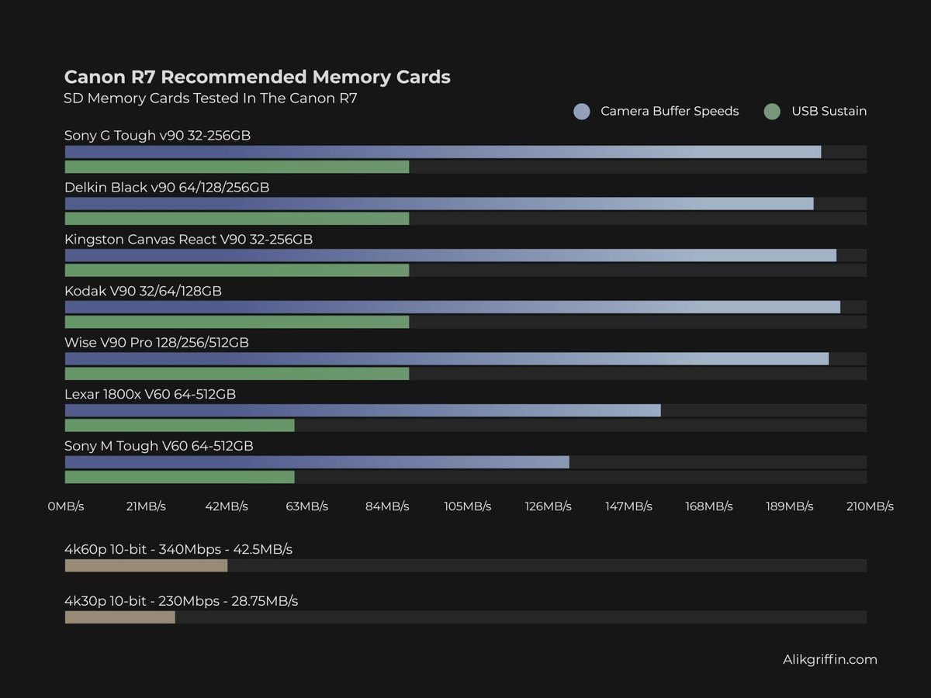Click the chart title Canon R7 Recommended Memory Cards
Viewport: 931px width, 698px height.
point(257,77)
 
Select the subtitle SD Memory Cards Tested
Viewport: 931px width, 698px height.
point(210,98)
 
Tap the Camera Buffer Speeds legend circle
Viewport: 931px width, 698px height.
point(582,112)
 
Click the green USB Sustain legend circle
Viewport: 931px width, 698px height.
point(772,112)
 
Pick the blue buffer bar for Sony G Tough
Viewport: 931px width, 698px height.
point(442,152)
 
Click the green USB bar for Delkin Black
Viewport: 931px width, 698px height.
point(237,219)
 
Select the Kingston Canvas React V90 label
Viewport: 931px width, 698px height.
point(189,240)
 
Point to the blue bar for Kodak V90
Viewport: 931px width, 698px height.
point(452,307)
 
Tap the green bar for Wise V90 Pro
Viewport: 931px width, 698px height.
point(237,374)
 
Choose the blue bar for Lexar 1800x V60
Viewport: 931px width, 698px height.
point(362,410)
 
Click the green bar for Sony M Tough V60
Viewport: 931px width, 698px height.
point(179,477)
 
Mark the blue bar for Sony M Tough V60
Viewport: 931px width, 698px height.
point(317,462)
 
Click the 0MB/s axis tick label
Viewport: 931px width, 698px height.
point(65,506)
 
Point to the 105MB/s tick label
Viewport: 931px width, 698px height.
point(467,506)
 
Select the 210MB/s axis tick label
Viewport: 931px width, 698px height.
point(869,506)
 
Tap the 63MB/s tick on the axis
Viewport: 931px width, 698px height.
point(306,506)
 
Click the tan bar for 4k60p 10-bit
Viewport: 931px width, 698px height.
point(146,565)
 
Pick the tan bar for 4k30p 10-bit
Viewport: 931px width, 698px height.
point(119,617)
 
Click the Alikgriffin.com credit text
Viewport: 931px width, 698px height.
point(829,660)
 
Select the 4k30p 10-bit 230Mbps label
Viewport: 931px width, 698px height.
point(181,601)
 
